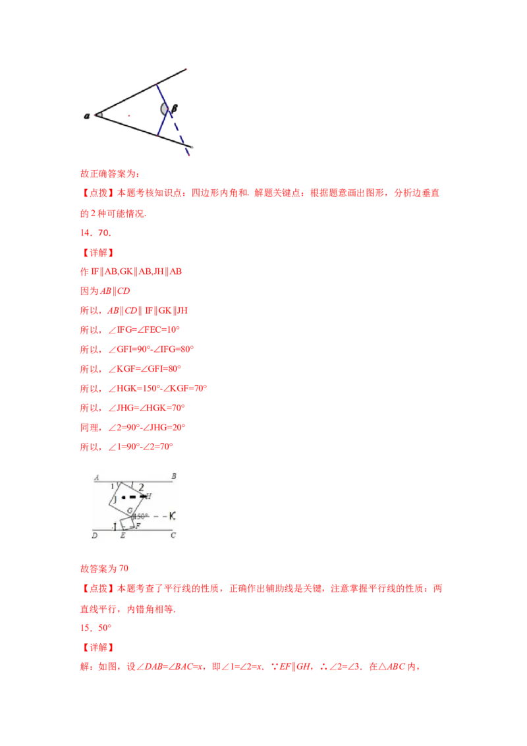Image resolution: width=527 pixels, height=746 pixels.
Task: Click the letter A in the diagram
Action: [96, 477]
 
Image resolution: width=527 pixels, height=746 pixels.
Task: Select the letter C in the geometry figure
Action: [173, 535]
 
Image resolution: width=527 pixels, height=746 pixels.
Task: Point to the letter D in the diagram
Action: [95, 536]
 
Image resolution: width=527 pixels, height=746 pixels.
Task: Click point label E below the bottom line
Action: [122, 536]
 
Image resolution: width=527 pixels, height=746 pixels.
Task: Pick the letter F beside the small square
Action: [137, 525]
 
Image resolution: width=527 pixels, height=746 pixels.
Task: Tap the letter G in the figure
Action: [130, 511]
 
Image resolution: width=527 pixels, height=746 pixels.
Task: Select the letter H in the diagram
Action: [148, 496]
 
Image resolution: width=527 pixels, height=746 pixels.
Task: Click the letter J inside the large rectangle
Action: [115, 501]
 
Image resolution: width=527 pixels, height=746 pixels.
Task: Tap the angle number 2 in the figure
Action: [140, 487]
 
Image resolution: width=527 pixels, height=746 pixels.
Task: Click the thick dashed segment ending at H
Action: [133, 496]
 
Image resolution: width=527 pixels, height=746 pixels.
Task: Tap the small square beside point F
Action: [127, 525]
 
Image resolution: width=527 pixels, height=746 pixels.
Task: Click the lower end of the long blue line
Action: [189, 154]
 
